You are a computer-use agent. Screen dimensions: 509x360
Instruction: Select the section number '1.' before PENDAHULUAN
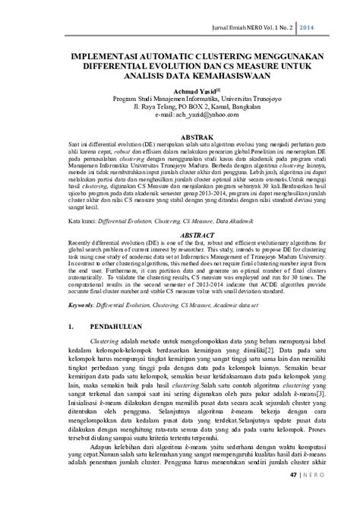pyautogui.click(x=70, y=327)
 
